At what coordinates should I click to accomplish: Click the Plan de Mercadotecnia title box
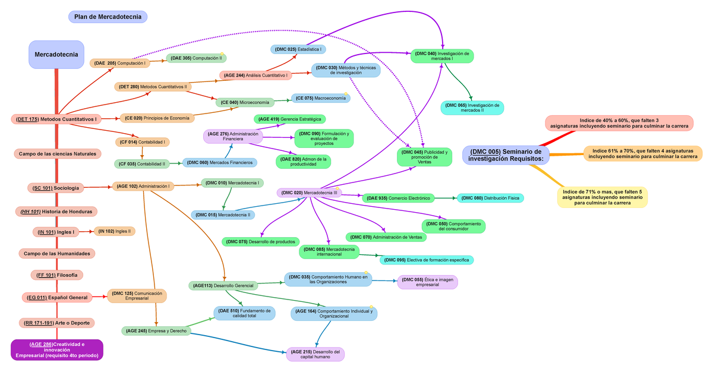[x=108, y=17]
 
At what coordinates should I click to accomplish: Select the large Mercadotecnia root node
[x=56, y=55]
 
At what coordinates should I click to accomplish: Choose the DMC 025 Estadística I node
[x=298, y=49]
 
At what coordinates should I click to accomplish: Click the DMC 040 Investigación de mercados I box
[x=442, y=56]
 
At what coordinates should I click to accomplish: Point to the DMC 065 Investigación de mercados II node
[x=472, y=108]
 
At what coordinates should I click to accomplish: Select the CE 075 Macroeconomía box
[x=320, y=98]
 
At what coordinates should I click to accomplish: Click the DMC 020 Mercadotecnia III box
[x=310, y=193]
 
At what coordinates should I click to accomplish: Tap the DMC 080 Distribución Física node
[x=490, y=198]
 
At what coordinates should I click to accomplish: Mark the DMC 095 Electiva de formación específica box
[x=426, y=260]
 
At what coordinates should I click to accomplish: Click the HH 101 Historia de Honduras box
[x=56, y=212]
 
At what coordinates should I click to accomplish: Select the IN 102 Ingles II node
[x=113, y=231]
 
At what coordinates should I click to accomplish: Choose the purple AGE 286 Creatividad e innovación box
[x=56, y=350]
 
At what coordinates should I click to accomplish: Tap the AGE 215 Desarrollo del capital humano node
[x=315, y=354]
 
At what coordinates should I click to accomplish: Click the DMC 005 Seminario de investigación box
[x=506, y=155]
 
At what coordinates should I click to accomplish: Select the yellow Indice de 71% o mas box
[x=602, y=197]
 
